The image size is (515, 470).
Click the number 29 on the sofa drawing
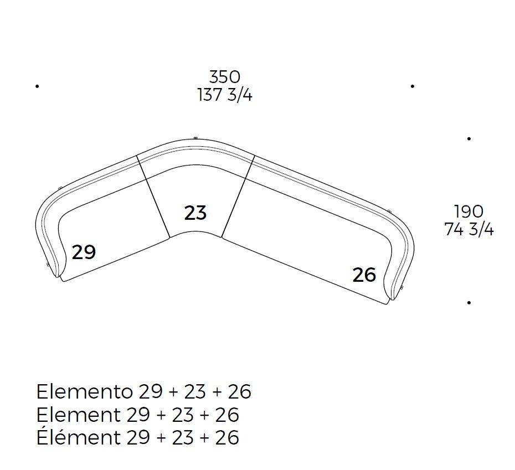(84, 252)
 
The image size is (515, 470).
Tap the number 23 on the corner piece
(195, 213)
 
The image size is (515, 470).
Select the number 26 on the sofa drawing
(364, 275)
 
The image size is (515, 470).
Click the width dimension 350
(225, 77)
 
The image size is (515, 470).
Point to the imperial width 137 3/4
(225, 95)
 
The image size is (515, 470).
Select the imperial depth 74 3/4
(469, 229)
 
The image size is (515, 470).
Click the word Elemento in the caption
(84, 391)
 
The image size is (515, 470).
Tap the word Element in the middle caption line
(78, 415)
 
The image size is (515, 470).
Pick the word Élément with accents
(78, 436)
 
